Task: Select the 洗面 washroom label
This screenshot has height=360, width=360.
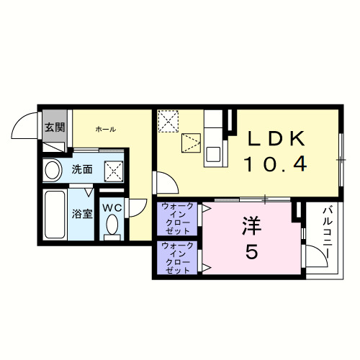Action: click(x=81, y=170)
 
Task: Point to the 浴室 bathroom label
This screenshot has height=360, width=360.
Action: click(x=81, y=213)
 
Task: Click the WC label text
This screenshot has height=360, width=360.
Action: click(x=112, y=208)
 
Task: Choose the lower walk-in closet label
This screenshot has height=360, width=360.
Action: click(x=177, y=258)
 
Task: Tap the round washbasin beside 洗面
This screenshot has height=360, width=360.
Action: click(x=53, y=171)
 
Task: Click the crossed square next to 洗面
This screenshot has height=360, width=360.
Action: click(x=113, y=171)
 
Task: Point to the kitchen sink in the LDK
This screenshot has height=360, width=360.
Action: click(x=213, y=153)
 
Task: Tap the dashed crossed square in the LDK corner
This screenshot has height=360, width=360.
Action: click(x=169, y=120)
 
